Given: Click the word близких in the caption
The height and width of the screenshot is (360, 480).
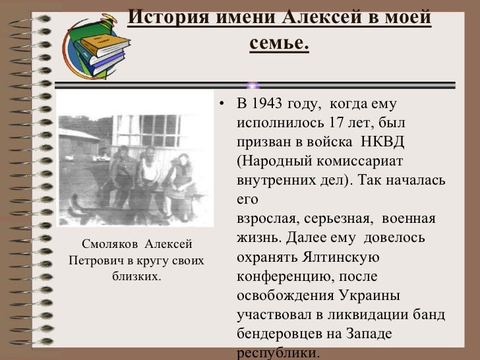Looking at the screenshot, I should [x=136, y=275].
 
